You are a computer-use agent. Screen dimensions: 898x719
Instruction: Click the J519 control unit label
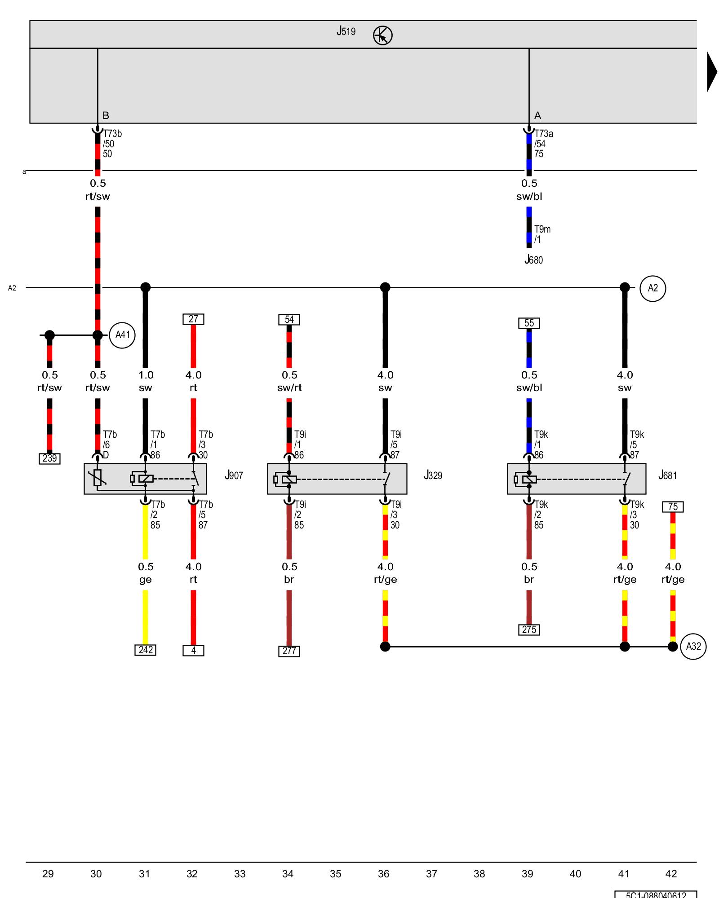point(346,31)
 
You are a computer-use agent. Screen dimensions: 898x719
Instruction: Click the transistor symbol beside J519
point(382,35)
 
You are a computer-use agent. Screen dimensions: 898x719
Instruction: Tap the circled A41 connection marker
point(122,335)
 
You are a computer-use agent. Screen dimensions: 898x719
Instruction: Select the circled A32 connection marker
point(693,647)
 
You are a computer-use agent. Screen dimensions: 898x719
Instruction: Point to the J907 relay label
point(234,475)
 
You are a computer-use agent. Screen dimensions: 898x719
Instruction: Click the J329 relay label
point(433,475)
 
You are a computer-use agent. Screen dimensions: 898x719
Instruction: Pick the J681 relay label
point(667,475)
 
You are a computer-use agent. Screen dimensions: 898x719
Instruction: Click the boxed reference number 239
point(49,458)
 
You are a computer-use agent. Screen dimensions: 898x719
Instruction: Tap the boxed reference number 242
point(145,650)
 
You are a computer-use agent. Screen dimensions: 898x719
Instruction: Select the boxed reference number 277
point(289,651)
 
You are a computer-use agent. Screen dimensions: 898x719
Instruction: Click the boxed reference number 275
point(529,630)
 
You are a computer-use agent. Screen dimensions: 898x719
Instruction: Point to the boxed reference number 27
point(193,319)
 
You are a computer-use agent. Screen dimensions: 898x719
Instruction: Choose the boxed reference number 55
point(529,323)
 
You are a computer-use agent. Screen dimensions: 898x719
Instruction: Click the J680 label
point(533,260)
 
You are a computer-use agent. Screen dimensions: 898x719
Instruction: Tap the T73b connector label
point(112,134)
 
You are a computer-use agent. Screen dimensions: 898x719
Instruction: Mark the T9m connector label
point(542,229)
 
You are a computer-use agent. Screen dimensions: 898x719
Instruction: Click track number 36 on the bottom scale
point(383,874)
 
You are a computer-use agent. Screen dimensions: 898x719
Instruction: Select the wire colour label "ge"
point(145,580)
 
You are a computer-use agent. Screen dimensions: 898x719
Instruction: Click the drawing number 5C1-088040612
point(656,895)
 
